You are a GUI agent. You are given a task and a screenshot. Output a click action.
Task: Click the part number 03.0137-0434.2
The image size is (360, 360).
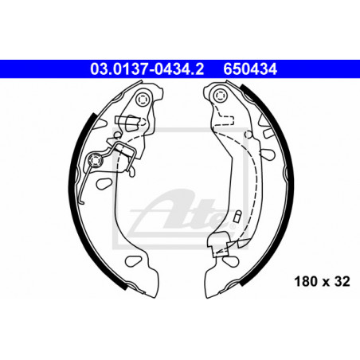(147, 69)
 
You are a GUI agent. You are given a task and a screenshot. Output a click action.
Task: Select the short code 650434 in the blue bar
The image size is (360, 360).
(250, 69)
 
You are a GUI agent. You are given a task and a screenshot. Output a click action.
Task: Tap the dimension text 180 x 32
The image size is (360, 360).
(322, 281)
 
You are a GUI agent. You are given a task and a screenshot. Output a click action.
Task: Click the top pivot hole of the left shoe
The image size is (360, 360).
(143, 100)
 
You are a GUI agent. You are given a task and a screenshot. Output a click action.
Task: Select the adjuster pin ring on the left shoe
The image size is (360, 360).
(95, 160)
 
